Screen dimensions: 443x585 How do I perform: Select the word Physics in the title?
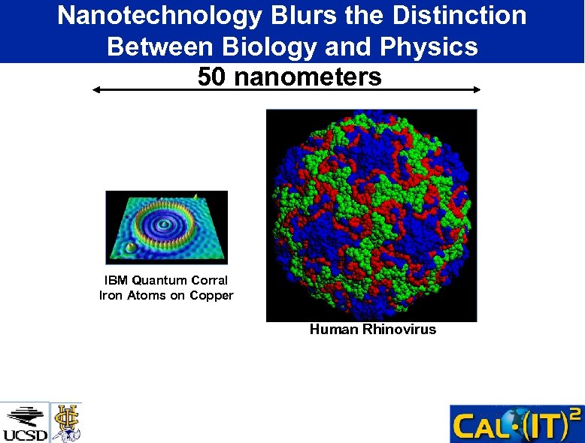pos(429,47)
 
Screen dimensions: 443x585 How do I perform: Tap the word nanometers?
pos(308,77)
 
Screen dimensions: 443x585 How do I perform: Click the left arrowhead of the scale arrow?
pos(95,89)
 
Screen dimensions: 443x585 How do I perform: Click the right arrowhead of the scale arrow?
pos(477,89)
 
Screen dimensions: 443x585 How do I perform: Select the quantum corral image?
pos(166,228)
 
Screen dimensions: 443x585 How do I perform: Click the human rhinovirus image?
pos(371,215)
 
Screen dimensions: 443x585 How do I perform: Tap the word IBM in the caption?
pos(117,281)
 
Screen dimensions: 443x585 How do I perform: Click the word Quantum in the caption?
pos(160,281)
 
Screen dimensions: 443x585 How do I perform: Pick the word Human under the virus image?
pos(334,330)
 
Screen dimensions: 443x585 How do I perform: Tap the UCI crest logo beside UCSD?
pos(66,422)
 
